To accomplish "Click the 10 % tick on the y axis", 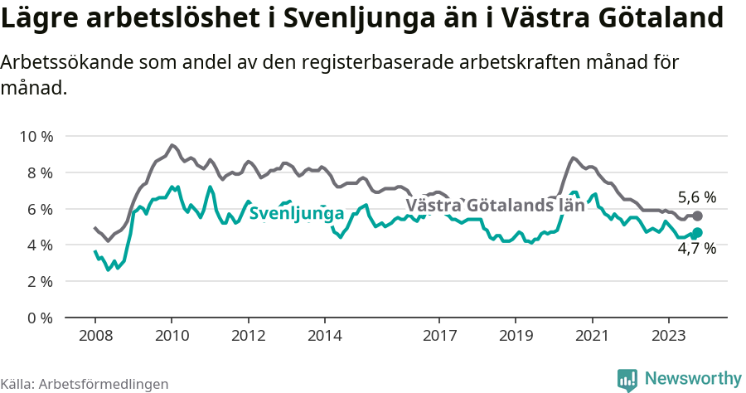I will click(36, 136).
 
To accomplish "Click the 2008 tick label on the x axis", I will click(94, 337).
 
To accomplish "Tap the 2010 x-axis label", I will click(172, 337).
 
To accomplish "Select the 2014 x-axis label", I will click(325, 337).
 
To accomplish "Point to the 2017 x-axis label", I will click(439, 337).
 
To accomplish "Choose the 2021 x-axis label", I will click(593, 337).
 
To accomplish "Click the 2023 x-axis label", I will click(669, 337).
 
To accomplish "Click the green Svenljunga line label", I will click(296, 214).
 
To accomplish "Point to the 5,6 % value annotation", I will click(696, 197).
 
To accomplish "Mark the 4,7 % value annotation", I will click(696, 248).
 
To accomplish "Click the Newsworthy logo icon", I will click(627, 380).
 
